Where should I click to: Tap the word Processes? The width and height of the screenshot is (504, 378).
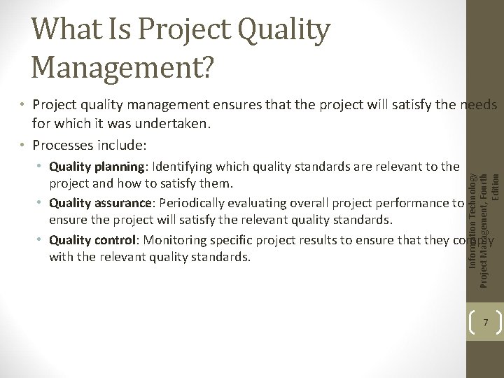pyautogui.click(x=59, y=146)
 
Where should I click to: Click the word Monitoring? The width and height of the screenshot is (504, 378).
pyautogui.click(x=176, y=239)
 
